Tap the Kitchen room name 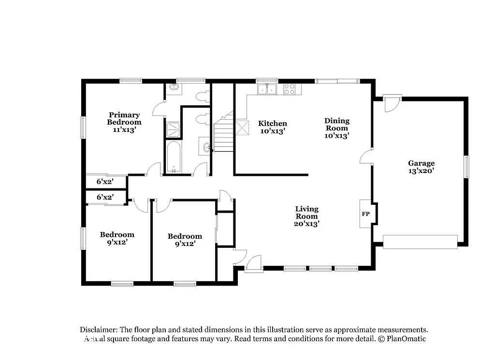point(272,124)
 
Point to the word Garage point(421,163)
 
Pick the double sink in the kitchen point(267,89)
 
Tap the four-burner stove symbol point(290,89)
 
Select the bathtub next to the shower point(173,157)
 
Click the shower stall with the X point(173,130)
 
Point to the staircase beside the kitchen point(223,135)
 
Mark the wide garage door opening point(420,242)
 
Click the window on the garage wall point(466,167)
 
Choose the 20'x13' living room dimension point(306,224)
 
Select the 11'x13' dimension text point(124,130)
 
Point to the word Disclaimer point(99,329)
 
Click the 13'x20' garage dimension point(421,171)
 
